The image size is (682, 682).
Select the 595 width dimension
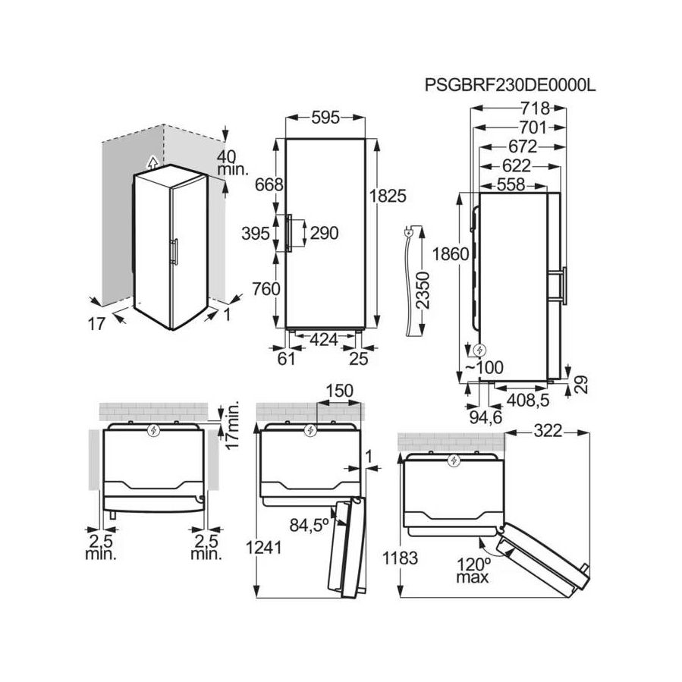325,118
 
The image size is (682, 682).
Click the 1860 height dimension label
444,255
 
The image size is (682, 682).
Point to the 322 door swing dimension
546,431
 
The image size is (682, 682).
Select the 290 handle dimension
322,234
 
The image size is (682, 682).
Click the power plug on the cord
410,234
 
